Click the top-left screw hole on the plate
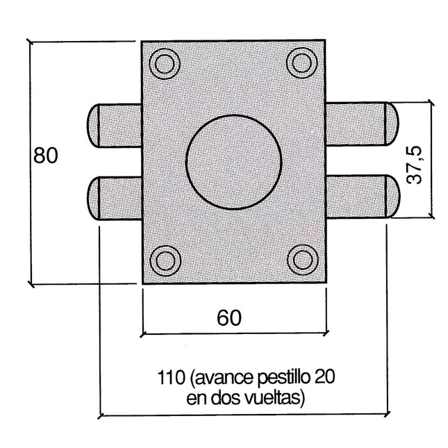point(165,63)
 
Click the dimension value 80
point(45,156)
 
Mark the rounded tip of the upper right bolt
point(391,124)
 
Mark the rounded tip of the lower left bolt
point(93,199)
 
